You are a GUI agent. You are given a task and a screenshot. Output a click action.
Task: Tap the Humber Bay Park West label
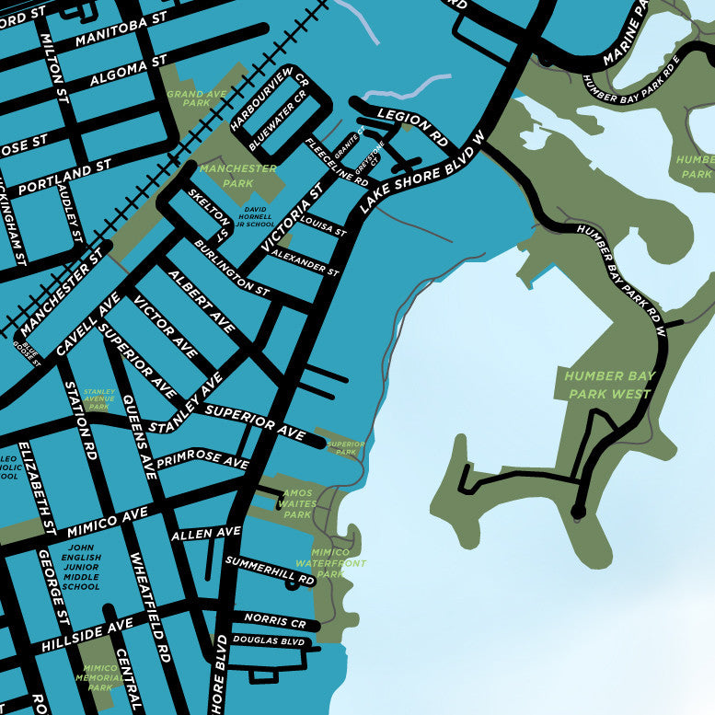608,385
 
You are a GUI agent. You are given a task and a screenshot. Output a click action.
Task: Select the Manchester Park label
237,176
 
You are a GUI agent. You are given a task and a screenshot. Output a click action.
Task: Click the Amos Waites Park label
297,504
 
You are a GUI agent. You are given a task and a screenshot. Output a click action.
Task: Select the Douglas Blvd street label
268,640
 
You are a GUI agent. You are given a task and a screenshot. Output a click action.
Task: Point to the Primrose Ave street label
202,460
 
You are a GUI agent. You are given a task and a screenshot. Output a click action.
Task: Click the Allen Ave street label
205,533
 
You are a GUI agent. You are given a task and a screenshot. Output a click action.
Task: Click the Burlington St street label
232,268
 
